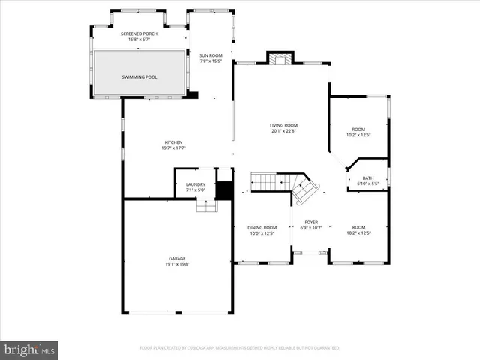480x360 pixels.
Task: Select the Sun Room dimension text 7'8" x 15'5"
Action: coord(211,61)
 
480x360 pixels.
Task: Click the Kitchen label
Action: coord(174,142)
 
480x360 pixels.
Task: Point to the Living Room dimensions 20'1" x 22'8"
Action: coord(284,131)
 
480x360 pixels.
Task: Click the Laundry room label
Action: coord(196,184)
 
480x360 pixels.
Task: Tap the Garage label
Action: coord(177,258)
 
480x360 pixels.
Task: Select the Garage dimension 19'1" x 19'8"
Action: coord(177,264)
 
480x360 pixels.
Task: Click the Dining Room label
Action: coord(262,227)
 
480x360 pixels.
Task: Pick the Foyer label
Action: coord(311,222)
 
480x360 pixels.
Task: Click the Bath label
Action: coord(368,178)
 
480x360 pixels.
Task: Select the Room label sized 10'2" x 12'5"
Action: coord(358,227)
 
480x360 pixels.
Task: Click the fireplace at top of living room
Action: coord(280,60)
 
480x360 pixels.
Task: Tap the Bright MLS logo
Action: coord(30,349)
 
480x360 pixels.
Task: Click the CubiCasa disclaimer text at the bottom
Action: coord(240,348)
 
